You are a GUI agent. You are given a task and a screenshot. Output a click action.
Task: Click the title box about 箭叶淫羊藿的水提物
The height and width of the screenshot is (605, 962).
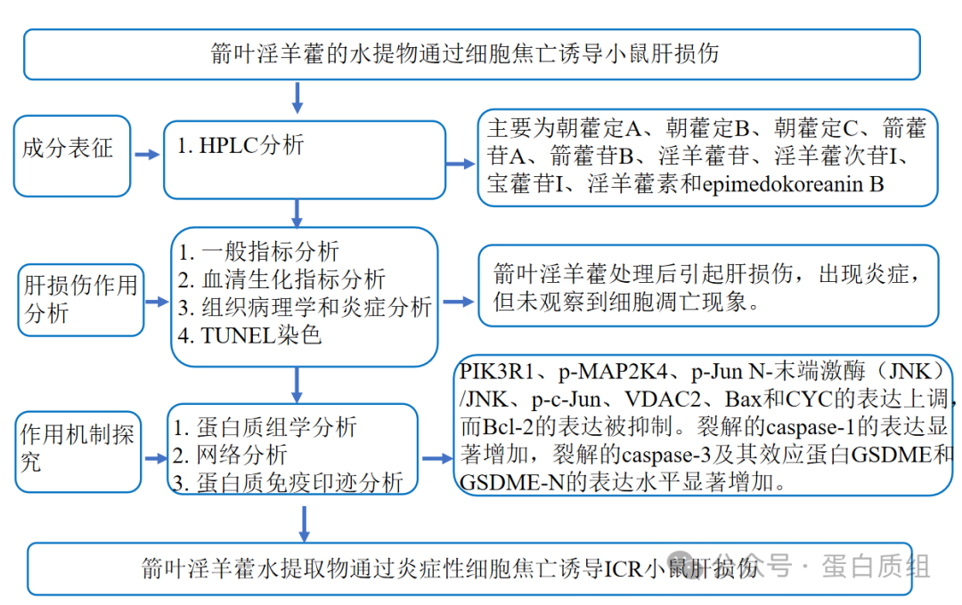pyautogui.click(x=471, y=53)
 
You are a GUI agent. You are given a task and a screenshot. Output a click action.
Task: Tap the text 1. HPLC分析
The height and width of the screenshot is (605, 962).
pyautogui.click(x=240, y=145)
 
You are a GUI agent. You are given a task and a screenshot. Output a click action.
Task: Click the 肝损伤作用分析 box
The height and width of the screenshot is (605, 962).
pyautogui.click(x=79, y=299)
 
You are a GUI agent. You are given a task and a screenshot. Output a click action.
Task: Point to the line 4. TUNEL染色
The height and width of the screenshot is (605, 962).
pyautogui.click(x=249, y=335)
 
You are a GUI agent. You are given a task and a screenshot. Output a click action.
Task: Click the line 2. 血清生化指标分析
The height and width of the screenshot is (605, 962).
pyautogui.click(x=281, y=279)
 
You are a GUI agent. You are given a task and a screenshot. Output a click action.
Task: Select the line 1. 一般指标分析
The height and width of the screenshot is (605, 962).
pyautogui.click(x=258, y=252)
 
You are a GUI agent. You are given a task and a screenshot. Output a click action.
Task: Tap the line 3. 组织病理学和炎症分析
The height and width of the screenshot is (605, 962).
pyautogui.click(x=304, y=308)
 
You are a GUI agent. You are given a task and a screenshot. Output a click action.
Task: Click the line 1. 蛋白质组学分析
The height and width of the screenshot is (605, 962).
pyautogui.click(x=265, y=427)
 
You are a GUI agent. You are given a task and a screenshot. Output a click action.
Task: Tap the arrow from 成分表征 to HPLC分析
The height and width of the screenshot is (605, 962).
pyautogui.click(x=146, y=154)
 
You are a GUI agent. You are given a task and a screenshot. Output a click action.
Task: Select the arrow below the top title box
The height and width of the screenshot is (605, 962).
pyautogui.click(x=298, y=96)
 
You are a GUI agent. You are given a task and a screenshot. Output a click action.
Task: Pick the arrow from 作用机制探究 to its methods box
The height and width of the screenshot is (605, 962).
pyautogui.click(x=156, y=459)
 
